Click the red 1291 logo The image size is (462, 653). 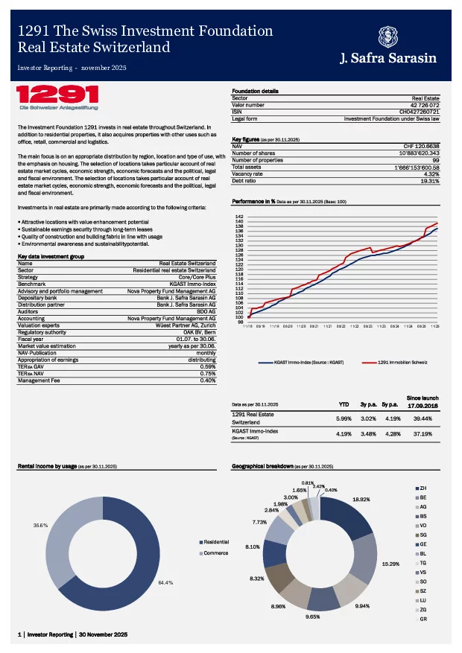click(57, 96)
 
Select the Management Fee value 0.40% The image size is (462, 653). click(207, 380)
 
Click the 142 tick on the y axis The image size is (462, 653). click(238, 216)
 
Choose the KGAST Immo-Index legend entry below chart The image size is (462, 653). click(298, 362)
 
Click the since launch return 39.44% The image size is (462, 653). click(423, 418)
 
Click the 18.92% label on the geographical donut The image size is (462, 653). click(361, 500)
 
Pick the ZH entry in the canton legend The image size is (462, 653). click(423, 487)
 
